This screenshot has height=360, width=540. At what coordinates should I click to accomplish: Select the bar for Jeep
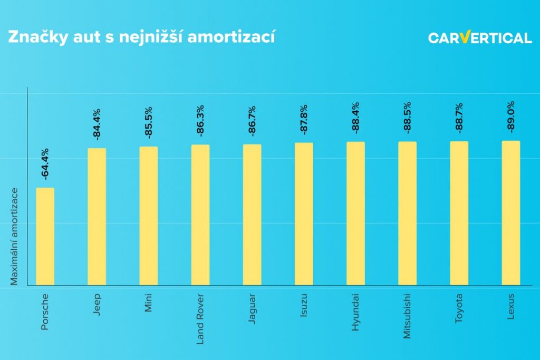click(x=97, y=216)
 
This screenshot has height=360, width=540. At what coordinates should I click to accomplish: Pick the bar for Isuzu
click(x=304, y=213)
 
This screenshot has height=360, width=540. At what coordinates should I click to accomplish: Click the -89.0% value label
click(x=510, y=118)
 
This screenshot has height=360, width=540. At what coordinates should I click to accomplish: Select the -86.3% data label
click(x=200, y=122)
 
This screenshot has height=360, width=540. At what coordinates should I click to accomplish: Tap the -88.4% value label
click(x=355, y=119)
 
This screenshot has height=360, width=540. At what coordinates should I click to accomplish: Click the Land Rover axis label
click(x=200, y=318)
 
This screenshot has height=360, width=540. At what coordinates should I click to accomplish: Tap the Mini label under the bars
click(x=149, y=304)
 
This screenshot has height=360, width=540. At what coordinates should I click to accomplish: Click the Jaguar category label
click(x=252, y=309)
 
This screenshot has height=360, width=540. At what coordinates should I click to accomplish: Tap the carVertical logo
click(x=479, y=38)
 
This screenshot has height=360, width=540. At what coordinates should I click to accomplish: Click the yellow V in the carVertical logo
click(x=464, y=37)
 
